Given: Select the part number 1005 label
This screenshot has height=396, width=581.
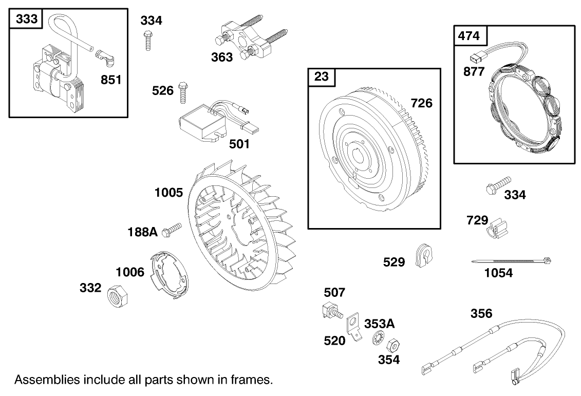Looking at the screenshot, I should click(168, 193).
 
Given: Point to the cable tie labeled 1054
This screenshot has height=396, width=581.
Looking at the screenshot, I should click(511, 261).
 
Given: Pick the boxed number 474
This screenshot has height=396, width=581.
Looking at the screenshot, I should click(469, 35).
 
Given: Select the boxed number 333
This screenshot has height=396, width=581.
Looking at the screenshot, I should click(26, 19).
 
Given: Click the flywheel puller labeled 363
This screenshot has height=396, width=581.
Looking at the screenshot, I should click(243, 37).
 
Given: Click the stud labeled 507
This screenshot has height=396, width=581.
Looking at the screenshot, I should click(331, 311).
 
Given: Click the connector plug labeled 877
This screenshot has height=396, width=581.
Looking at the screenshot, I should click(476, 56).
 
